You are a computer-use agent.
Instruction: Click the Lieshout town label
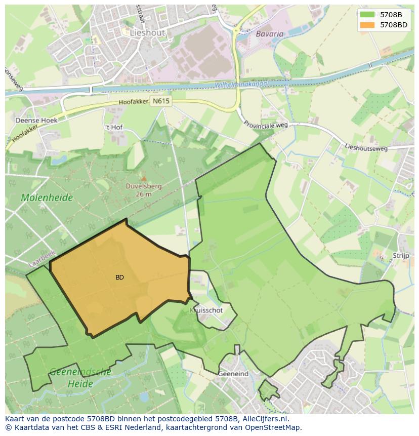click(147, 32)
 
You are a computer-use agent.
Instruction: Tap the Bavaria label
click(270, 34)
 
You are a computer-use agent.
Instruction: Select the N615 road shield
click(161, 101)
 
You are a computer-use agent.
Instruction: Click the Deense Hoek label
click(36, 121)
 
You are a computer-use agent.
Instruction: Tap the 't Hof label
click(114, 127)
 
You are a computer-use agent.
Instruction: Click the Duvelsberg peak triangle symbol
click(144, 178)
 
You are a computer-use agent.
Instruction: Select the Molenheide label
click(47, 197)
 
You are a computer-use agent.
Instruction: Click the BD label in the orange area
click(119, 278)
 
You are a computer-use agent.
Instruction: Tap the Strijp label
click(400, 256)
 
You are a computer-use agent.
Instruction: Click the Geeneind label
click(233, 374)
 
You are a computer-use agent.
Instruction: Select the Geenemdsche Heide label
click(80, 378)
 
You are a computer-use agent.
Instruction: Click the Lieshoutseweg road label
click(366, 147)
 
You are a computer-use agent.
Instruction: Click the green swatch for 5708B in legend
click(368, 15)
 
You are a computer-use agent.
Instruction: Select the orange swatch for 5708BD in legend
click(368, 25)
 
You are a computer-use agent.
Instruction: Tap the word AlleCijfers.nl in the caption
click(263, 419)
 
